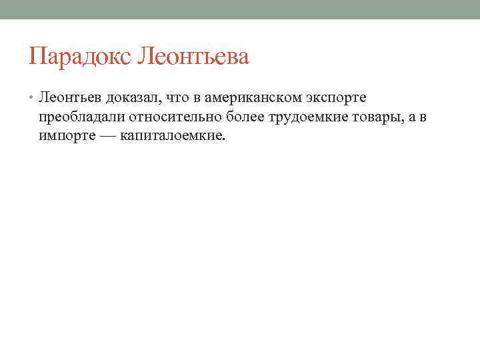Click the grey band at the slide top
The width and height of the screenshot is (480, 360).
[x=240, y=9]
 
